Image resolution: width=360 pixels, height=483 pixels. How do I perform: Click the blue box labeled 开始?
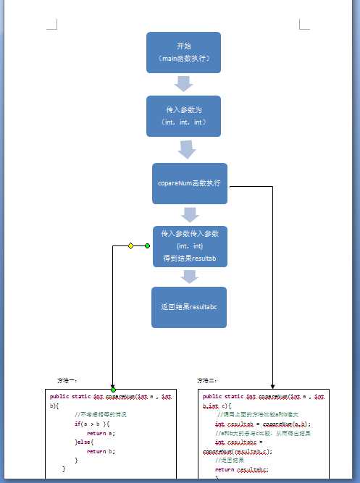(x=183, y=52)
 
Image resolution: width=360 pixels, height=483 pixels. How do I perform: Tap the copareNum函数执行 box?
(x=189, y=183)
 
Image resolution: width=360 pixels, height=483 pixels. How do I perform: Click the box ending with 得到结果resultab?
(x=189, y=246)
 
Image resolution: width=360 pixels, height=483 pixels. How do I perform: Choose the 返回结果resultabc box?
(x=189, y=307)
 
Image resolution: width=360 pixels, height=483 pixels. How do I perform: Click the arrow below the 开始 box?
(x=184, y=83)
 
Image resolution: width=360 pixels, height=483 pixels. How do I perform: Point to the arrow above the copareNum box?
(x=188, y=149)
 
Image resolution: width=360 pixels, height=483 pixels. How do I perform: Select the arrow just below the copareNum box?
(x=190, y=214)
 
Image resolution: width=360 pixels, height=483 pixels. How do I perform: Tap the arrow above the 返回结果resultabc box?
(x=190, y=276)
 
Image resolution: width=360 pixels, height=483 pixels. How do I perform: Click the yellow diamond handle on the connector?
(x=131, y=246)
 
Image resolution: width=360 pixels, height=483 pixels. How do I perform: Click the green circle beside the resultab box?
(x=148, y=246)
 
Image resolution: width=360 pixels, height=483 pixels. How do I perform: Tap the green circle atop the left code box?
(x=113, y=390)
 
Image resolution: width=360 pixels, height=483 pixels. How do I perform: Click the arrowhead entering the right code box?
(x=272, y=387)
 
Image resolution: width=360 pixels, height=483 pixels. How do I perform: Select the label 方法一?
(x=67, y=379)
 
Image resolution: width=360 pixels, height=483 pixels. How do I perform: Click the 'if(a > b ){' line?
(x=91, y=424)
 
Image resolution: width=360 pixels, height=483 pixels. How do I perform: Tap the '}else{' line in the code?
(x=85, y=442)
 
